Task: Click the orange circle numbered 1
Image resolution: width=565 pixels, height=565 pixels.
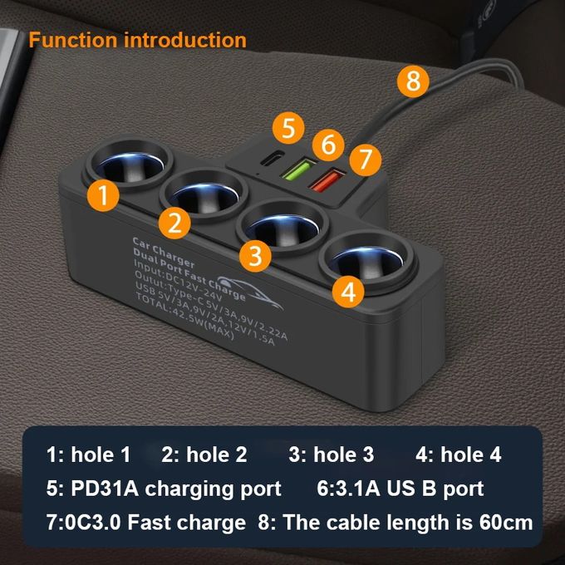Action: [x=102, y=196]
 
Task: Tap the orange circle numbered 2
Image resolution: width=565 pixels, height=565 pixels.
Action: [x=174, y=222]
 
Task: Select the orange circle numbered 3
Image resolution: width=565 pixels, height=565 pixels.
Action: [x=256, y=254]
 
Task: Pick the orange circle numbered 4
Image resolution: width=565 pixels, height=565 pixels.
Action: [x=350, y=291]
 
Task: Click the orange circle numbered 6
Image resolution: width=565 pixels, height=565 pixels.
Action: [x=329, y=144]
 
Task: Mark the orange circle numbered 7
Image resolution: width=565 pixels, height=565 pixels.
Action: [x=364, y=157]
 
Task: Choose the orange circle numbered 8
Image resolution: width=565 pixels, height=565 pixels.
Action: [x=413, y=82]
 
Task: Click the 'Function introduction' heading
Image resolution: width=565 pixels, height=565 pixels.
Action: [x=137, y=40]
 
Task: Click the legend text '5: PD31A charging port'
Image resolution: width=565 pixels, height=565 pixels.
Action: [x=164, y=489]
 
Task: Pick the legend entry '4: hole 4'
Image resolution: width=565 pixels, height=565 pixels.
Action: [x=458, y=454]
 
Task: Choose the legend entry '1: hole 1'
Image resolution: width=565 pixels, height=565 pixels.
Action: [x=89, y=454]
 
